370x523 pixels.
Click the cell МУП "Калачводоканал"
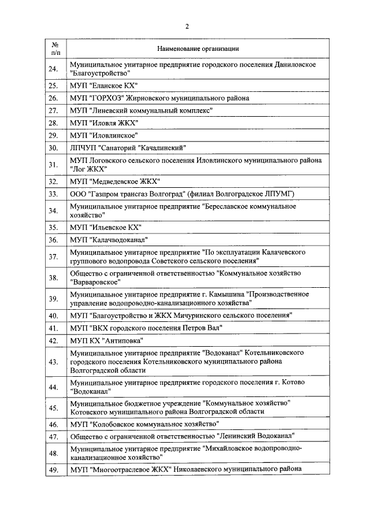(109, 239)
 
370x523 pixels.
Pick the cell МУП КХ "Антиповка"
(106, 340)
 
